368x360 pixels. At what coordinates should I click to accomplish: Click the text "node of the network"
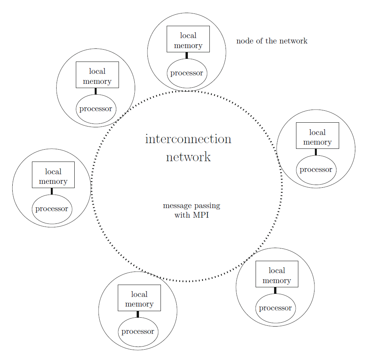point(272,41)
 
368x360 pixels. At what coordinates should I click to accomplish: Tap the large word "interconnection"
point(188,139)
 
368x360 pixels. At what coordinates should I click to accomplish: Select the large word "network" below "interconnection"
point(188,157)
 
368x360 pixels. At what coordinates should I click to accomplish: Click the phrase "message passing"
point(191,206)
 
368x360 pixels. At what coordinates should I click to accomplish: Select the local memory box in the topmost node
point(188,39)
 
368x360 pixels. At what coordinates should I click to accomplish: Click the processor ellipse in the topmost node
point(187,73)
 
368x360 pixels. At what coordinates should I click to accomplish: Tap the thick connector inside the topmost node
point(187,55)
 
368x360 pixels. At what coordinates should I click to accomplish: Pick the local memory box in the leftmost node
point(53,175)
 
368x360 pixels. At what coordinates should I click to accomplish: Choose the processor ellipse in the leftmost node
point(52,209)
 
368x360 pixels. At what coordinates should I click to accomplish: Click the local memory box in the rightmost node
point(317,135)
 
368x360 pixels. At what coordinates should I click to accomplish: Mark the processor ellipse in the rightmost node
point(316,170)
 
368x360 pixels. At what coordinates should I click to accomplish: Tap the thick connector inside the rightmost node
point(316,152)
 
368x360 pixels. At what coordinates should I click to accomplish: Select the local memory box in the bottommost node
point(139,298)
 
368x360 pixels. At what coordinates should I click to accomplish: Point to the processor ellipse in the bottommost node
point(138,332)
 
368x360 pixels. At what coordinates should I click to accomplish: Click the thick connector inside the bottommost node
point(138,314)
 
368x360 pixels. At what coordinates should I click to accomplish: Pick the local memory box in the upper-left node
point(97,75)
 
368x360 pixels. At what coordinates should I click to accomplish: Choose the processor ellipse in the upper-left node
point(96,109)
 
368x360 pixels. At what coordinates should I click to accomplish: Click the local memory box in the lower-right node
point(277,274)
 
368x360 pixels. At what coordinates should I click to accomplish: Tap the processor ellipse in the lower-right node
point(275,308)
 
